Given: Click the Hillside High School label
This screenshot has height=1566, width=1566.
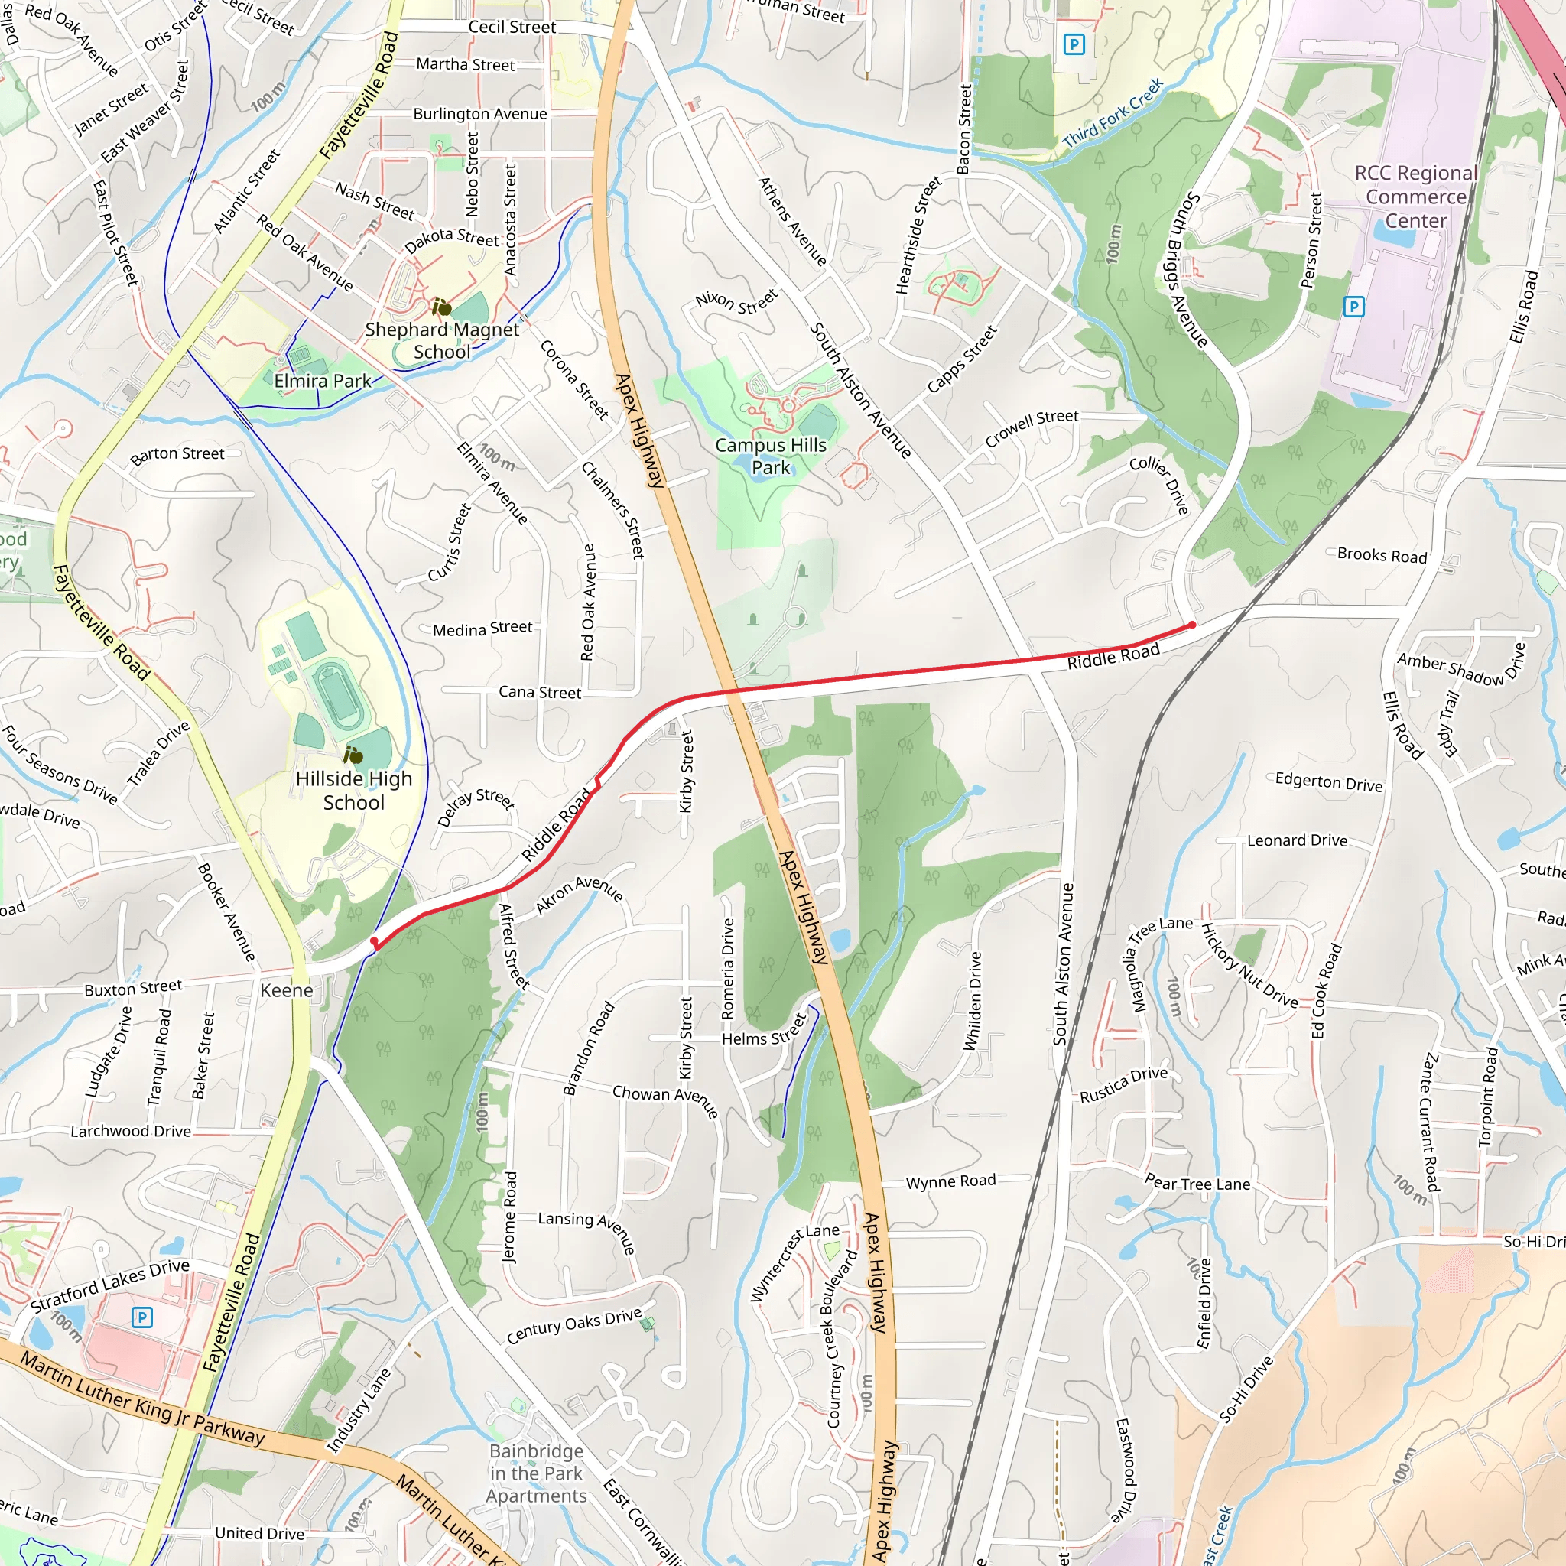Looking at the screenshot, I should [x=353, y=791].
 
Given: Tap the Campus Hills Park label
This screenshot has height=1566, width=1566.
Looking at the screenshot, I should [x=770, y=456].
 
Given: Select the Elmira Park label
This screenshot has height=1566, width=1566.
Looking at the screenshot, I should [x=322, y=381].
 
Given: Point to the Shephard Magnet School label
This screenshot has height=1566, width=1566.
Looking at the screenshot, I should [x=441, y=340].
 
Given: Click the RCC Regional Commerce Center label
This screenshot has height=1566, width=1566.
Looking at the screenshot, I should [x=1415, y=197].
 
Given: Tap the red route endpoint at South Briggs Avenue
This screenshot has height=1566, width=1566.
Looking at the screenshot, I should [x=1191, y=625].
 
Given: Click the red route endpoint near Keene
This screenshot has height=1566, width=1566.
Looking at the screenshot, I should [x=374, y=941].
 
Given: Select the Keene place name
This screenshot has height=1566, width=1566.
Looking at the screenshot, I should [x=286, y=989].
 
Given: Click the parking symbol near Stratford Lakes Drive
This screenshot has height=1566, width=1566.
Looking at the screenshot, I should [x=142, y=1317].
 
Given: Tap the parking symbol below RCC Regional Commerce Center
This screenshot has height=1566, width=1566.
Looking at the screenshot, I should [x=1353, y=307].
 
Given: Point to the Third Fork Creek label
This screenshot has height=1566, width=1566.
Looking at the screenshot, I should [x=1112, y=112].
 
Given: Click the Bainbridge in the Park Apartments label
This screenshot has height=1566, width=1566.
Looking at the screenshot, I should [x=536, y=1473].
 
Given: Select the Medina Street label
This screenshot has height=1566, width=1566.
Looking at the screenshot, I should [x=482, y=629].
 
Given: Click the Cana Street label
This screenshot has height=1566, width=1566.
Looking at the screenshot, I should [x=539, y=691].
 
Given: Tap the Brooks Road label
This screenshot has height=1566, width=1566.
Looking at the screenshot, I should [x=1381, y=555].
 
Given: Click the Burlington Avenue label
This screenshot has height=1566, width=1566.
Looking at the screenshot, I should [x=480, y=113].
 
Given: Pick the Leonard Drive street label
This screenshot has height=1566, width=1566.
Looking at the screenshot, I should [x=1296, y=840].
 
